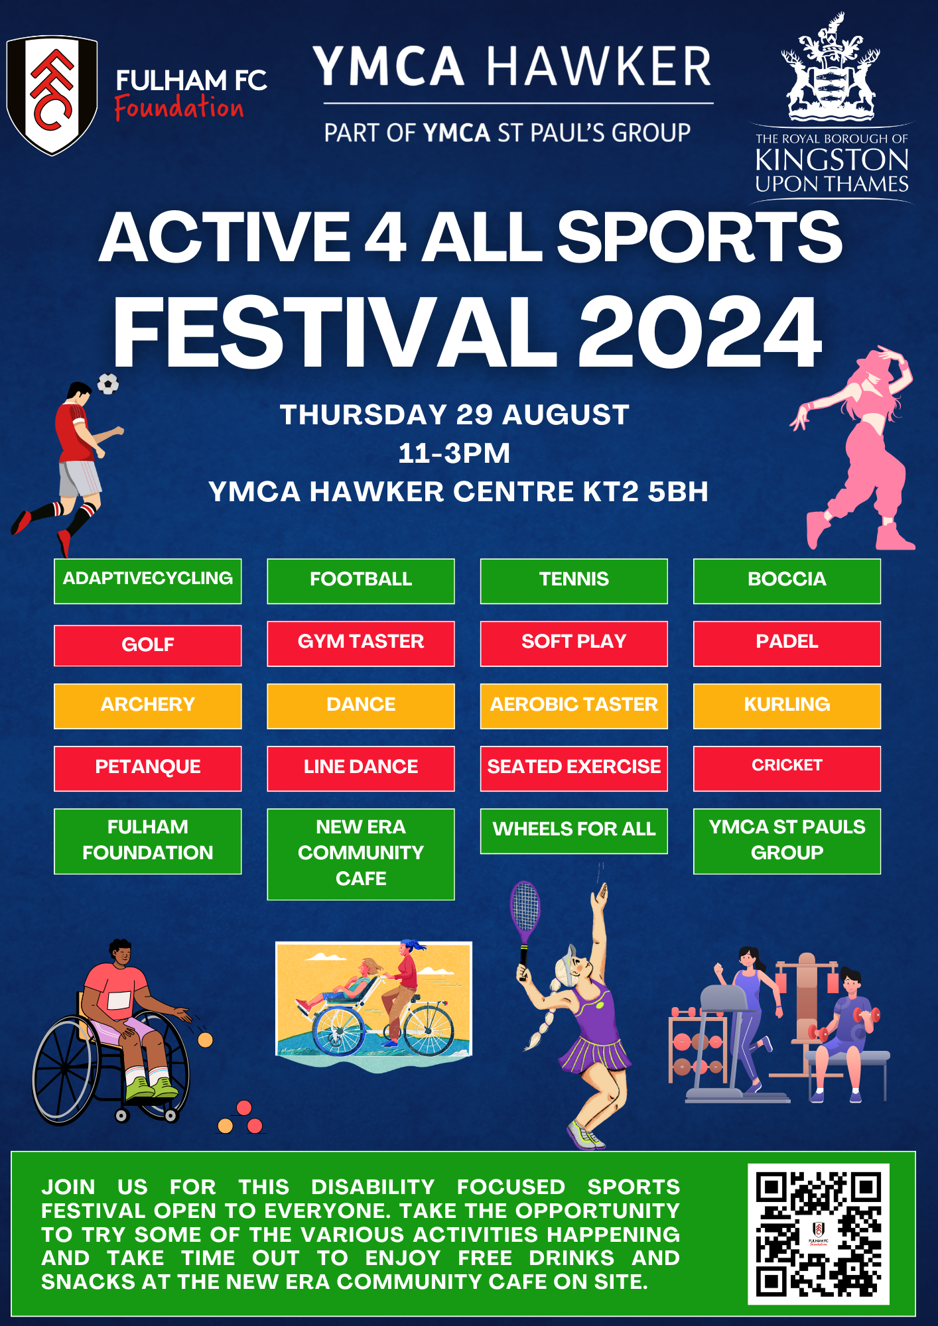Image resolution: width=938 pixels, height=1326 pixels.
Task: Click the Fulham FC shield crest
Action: coord(52,95)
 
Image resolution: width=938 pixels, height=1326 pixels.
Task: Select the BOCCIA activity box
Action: coord(787,581)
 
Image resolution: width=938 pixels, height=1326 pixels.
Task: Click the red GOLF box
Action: coord(147,645)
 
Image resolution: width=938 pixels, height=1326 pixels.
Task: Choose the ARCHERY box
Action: coord(147,705)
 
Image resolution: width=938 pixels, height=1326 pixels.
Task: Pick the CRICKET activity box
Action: coord(787,768)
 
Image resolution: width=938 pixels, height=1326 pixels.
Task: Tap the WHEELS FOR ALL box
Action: coord(574,830)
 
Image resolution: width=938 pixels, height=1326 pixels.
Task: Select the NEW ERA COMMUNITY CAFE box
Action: coord(361,853)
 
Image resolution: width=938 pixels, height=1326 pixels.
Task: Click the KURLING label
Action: coord(787,704)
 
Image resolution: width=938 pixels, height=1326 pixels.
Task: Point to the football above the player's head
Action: coord(108,383)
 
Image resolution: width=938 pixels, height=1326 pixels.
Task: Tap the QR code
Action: coord(819,1234)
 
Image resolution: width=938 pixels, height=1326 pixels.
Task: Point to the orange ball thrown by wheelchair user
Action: coord(206,1040)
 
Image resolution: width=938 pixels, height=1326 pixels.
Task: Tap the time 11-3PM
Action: coord(454,453)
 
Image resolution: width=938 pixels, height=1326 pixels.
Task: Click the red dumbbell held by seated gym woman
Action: coord(866,1015)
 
